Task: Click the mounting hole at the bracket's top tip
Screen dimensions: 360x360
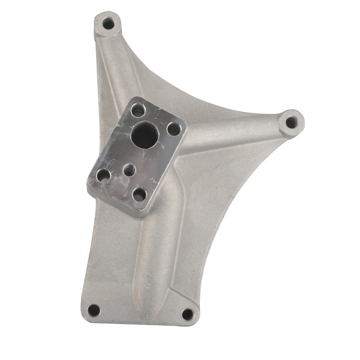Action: pos(108,24)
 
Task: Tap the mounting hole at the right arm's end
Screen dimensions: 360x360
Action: pos(291,122)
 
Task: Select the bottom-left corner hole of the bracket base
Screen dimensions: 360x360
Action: pos(94,310)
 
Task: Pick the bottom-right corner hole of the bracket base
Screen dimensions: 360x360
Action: pos(188,314)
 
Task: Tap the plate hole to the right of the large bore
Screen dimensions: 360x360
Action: pos(173,128)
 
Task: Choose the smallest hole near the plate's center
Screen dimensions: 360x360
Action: pos(129,170)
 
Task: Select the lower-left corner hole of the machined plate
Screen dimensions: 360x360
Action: pos(103,175)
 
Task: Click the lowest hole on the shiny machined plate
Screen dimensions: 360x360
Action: pos(139,194)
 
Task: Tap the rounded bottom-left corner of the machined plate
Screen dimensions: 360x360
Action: pos(92,190)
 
